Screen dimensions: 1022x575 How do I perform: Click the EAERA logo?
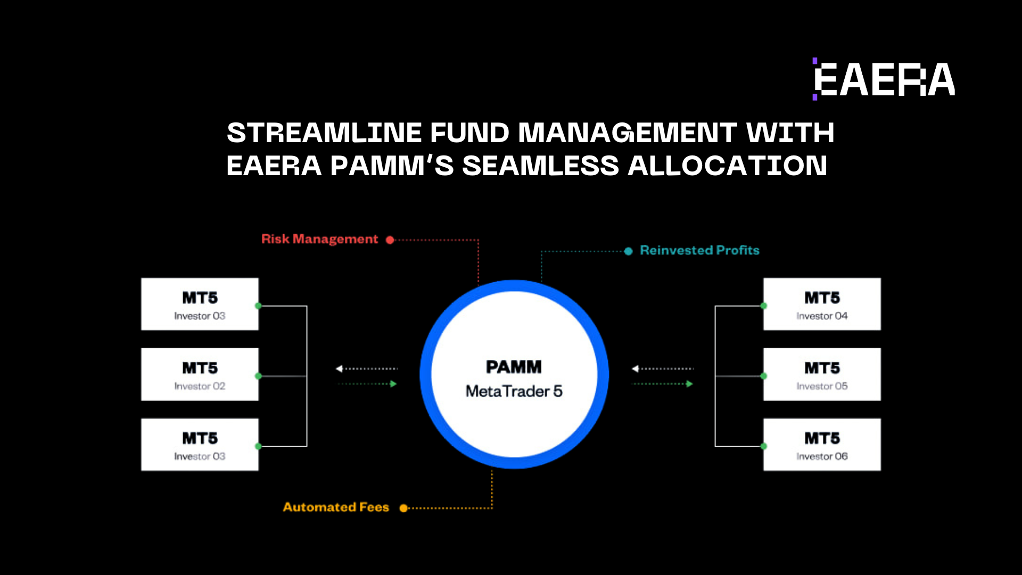(x=884, y=79)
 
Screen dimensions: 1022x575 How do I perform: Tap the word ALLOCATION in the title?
(x=728, y=166)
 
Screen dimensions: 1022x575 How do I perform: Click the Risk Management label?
(x=319, y=239)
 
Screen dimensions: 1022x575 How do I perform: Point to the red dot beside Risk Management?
(x=390, y=240)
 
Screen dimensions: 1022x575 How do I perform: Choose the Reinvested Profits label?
(x=699, y=250)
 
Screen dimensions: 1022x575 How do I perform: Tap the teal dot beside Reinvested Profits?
(x=629, y=251)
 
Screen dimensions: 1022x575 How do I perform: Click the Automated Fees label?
(x=336, y=507)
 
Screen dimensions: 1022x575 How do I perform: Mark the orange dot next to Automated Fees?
(x=403, y=508)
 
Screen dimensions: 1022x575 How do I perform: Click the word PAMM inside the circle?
(x=514, y=367)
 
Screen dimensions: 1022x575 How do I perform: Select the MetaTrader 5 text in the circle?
(x=514, y=391)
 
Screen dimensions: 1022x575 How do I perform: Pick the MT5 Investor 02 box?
(x=200, y=374)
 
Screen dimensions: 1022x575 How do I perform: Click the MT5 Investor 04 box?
(x=822, y=304)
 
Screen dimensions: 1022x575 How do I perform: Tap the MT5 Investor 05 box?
(x=822, y=374)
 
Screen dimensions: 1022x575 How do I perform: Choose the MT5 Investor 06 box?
(x=822, y=445)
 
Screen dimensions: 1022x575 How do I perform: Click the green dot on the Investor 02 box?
(x=258, y=376)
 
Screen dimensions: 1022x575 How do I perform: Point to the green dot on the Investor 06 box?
(x=764, y=446)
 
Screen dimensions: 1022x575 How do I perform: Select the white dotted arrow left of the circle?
(x=367, y=368)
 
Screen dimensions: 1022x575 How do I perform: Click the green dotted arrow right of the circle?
(x=662, y=384)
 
